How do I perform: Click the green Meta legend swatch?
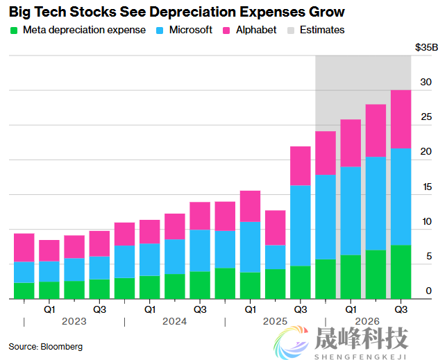click(13, 31)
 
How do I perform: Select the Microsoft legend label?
click(191, 31)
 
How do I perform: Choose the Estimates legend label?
click(322, 31)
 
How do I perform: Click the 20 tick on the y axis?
click(426, 152)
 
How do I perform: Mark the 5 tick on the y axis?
click(429, 256)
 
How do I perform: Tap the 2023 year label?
click(74, 322)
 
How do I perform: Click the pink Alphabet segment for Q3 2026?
click(400, 119)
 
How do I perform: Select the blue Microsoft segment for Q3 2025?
click(301, 225)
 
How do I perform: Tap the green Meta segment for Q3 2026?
click(400, 272)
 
